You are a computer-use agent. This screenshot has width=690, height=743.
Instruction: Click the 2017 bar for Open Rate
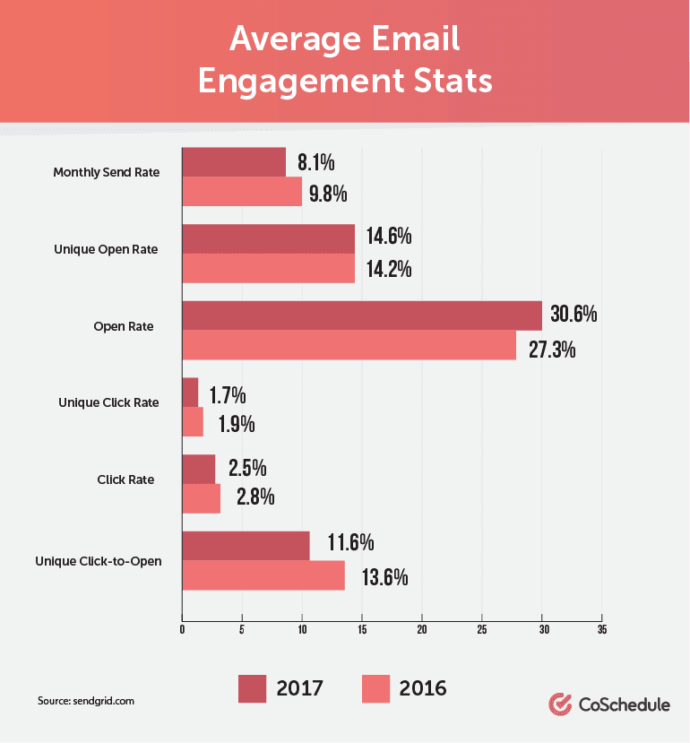361,315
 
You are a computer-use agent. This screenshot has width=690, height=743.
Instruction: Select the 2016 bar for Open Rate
349,345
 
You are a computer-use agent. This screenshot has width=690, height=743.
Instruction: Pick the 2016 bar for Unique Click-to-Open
263,575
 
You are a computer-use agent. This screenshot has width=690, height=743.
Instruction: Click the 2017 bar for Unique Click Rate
190,393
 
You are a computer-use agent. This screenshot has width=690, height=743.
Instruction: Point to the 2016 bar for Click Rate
201,498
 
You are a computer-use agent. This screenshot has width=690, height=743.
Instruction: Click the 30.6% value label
574,315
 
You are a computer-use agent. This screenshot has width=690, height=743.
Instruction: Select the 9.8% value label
328,194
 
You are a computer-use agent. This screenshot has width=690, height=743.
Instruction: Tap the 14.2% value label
388,269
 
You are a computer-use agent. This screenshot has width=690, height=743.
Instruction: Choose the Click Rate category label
125,479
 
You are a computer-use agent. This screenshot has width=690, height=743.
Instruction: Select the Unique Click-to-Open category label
99,562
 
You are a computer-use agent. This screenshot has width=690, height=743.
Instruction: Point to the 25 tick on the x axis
482,630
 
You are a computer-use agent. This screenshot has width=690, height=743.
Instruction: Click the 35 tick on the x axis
601,630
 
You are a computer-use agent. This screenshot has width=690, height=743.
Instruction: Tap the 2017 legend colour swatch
258,688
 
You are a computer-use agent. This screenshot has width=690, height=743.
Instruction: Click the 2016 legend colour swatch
382,688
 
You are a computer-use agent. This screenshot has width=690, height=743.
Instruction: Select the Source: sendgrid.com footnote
86,701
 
